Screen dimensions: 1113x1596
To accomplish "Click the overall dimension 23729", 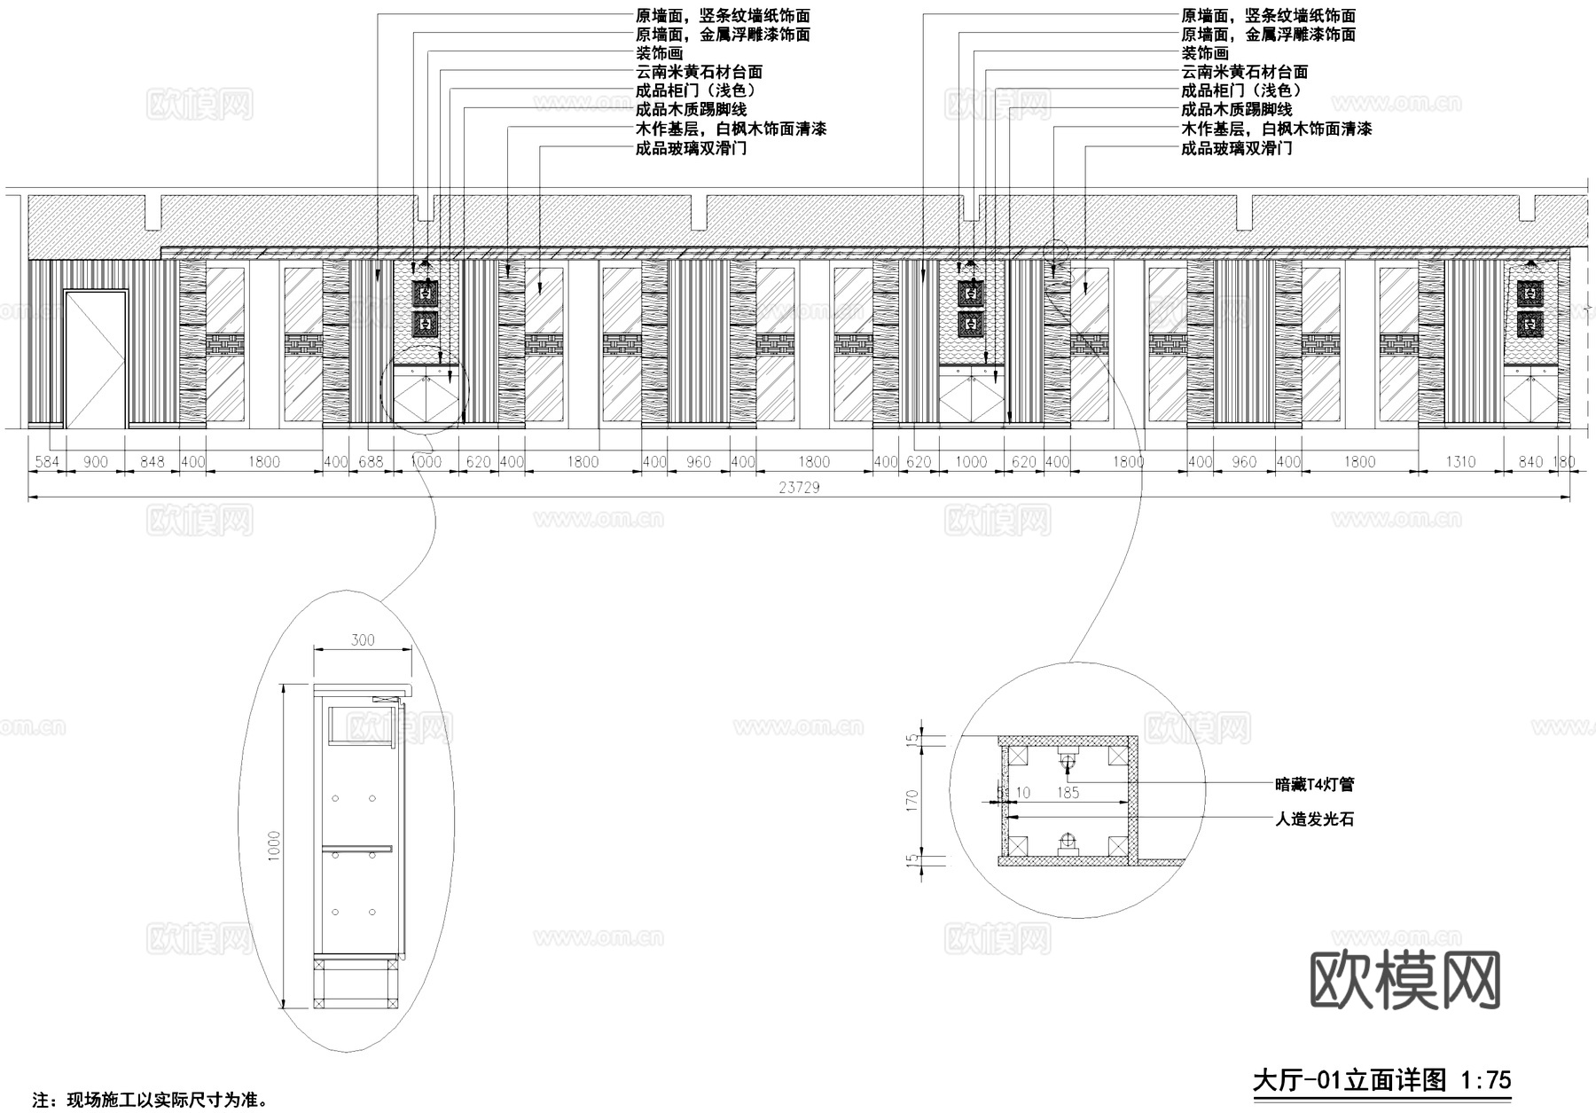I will tap(799, 488).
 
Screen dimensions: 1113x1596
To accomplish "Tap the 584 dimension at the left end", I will tap(47, 462).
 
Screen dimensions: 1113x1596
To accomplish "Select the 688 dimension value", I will tap(371, 462).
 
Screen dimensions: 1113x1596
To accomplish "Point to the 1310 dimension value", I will tap(1459, 462).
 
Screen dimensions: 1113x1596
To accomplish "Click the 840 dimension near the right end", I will tap(1530, 462).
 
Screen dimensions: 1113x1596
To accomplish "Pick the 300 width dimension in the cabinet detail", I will tap(363, 640).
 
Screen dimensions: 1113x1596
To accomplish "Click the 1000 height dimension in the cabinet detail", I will tap(274, 846).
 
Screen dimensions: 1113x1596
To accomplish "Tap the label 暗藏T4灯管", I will tap(1314, 785).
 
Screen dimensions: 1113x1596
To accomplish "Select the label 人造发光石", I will tap(1314, 820).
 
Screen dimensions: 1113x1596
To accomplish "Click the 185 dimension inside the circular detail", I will tap(1068, 793).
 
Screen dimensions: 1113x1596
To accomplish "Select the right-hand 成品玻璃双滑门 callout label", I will tap(1236, 148).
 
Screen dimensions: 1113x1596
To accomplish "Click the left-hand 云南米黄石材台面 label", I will tap(699, 72).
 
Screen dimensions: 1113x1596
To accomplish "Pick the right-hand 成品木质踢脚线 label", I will tap(1236, 110).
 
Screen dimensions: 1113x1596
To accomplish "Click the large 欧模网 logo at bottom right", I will tap(1404, 980).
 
